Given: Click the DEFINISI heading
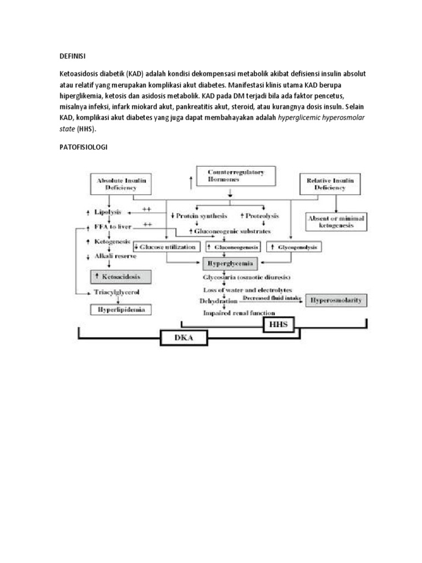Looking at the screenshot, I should click(73, 56).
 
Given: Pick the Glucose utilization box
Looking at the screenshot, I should click(165, 247).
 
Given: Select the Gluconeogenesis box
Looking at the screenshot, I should click(231, 247).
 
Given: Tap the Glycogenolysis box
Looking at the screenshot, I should click(294, 247).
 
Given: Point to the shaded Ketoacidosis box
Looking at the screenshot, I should click(120, 276).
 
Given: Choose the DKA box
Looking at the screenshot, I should click(185, 339).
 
